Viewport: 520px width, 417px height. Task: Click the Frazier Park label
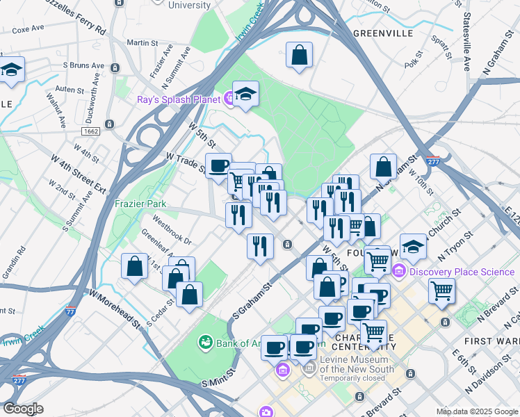click(140, 204)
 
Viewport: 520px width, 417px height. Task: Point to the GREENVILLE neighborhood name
click(382, 33)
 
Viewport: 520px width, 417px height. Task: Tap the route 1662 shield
click(110, 131)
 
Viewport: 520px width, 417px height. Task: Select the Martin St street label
click(143, 43)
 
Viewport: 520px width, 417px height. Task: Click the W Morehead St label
click(114, 307)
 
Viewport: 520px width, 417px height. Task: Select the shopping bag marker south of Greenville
click(299, 56)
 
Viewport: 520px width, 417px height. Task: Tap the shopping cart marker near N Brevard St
click(441, 291)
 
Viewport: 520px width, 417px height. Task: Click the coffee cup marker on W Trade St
click(219, 165)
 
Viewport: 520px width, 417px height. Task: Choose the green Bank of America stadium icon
click(205, 341)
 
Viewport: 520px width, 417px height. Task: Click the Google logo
click(22, 409)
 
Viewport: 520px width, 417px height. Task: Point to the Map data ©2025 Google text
click(476, 411)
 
